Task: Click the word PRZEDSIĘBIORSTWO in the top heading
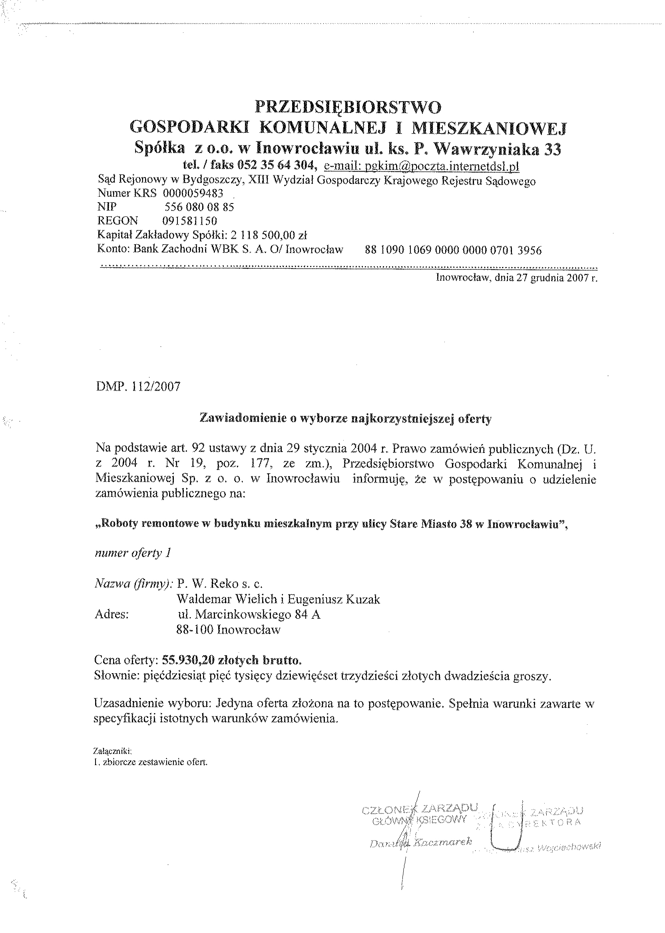pos(348,108)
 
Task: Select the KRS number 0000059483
pos(193,193)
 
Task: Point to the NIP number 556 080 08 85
pos(199,207)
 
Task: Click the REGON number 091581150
pos(189,221)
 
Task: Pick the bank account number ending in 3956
pos(453,250)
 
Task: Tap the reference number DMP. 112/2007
pos(137,387)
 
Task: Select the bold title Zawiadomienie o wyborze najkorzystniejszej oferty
pos(345,419)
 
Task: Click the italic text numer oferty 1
pos(133,553)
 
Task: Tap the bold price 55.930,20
pos(189,660)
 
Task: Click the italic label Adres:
pos(111,615)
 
